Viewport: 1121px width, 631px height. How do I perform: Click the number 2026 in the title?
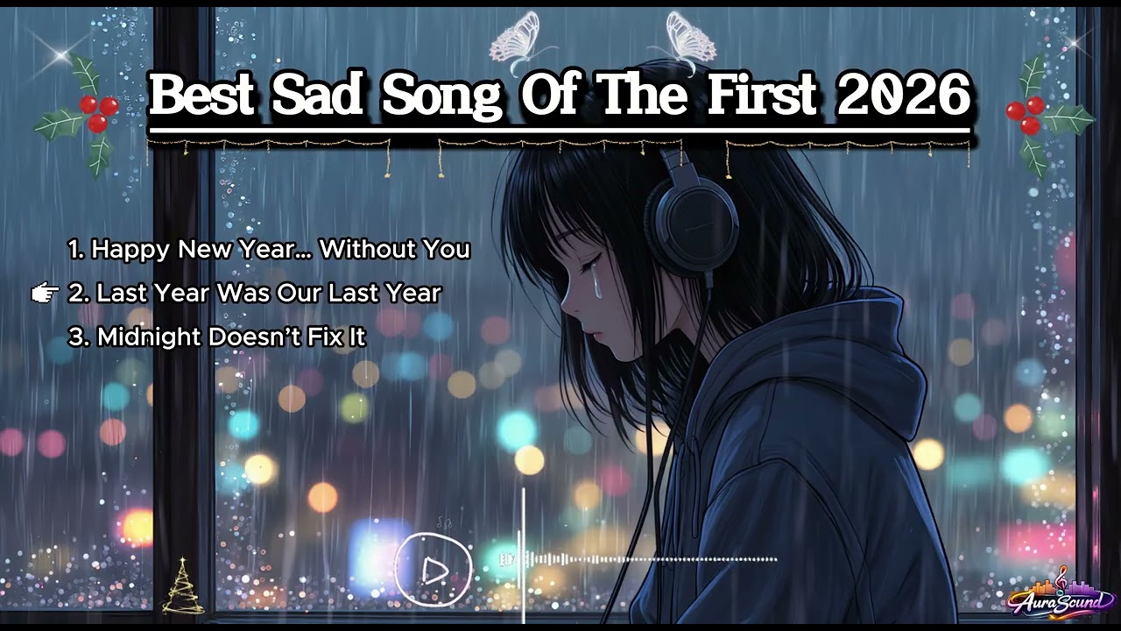[x=903, y=96]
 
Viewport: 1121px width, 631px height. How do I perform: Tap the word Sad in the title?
[x=318, y=96]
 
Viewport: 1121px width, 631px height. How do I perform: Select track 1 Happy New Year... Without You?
[x=270, y=250]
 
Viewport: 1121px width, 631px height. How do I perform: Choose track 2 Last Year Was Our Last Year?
[x=255, y=293]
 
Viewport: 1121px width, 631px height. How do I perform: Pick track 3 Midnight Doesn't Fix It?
[x=217, y=337]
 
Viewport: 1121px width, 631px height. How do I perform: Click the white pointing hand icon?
[x=44, y=293]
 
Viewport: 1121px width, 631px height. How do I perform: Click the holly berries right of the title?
[x=1026, y=114]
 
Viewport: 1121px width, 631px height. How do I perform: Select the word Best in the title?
[x=202, y=96]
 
